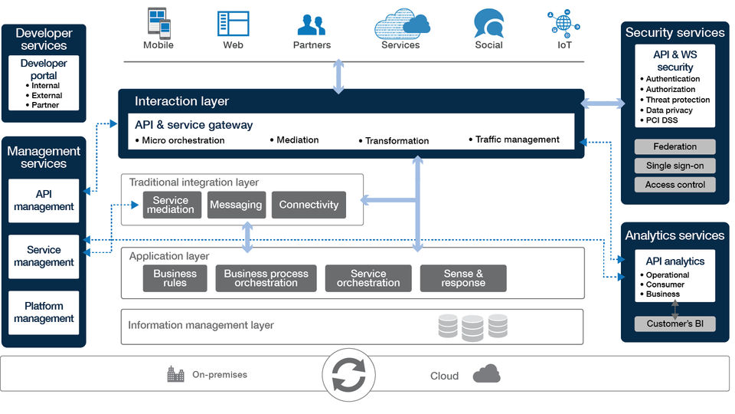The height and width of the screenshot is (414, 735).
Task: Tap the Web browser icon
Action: click(x=233, y=24)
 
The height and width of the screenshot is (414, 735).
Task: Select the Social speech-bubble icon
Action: click(x=488, y=23)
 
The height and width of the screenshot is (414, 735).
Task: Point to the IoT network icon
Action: click(x=564, y=24)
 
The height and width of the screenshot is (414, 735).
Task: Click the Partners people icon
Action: click(x=312, y=25)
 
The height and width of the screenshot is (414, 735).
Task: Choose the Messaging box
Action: click(x=236, y=205)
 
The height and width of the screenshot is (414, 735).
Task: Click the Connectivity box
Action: click(x=309, y=205)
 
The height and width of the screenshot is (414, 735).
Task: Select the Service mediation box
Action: click(x=171, y=205)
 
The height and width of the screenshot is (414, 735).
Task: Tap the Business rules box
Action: click(x=175, y=278)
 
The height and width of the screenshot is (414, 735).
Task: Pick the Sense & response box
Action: click(x=463, y=278)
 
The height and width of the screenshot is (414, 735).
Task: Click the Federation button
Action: click(x=675, y=146)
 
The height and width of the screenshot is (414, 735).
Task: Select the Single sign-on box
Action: click(x=675, y=166)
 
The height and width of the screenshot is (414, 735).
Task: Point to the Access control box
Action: click(x=675, y=185)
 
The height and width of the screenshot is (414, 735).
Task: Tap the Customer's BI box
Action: click(x=675, y=324)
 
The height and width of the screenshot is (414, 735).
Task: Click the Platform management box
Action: click(x=44, y=312)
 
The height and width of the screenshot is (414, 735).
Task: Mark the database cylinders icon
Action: click(x=472, y=327)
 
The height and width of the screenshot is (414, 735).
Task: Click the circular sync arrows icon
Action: click(x=348, y=375)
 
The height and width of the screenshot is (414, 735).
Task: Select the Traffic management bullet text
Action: click(x=517, y=140)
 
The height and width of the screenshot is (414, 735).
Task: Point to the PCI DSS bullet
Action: click(x=662, y=120)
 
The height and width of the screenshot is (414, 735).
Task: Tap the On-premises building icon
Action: click(x=176, y=374)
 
